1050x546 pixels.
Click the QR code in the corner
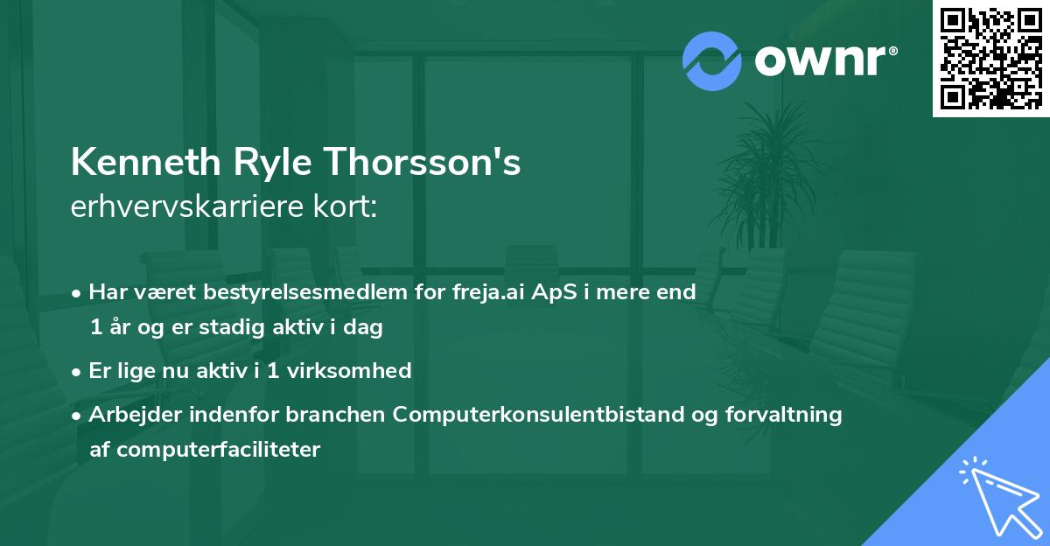[x=990, y=59]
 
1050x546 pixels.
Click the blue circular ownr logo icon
[x=712, y=60]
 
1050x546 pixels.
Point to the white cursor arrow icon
[x=997, y=493]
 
